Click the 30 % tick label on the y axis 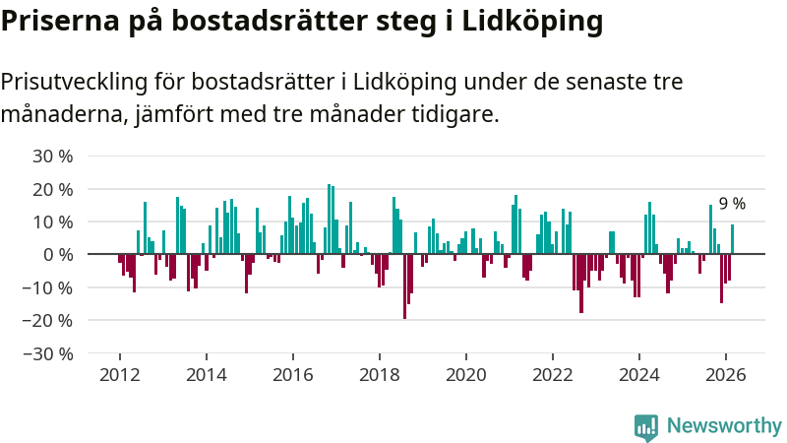click(53, 156)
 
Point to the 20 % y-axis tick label click(53, 189)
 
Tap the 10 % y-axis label click(53, 221)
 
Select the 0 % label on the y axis click(58, 254)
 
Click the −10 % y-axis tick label click(49, 287)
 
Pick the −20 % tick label click(49, 320)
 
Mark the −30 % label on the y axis click(49, 352)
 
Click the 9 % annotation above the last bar click(732, 204)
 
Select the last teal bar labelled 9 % click(732, 239)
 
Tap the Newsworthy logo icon click(646, 426)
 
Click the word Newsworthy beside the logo click(724, 426)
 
